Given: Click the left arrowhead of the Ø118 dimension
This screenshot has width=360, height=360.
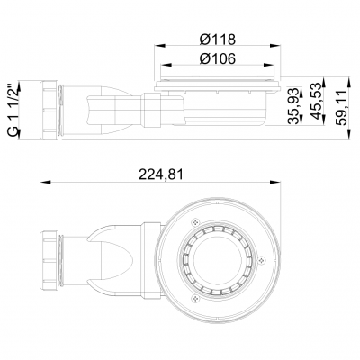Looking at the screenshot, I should [156, 48].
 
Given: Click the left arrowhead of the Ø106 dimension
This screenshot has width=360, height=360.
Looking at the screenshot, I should [163, 69].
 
